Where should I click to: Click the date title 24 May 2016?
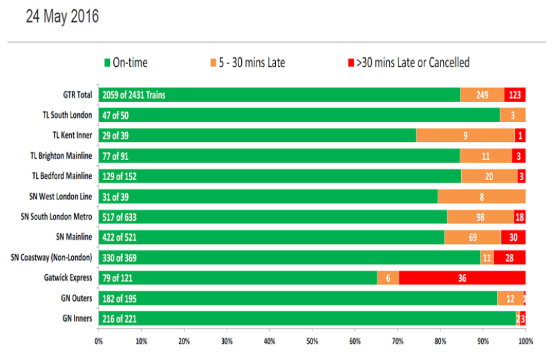tap(62, 16)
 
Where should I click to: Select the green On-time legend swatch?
tap(107, 63)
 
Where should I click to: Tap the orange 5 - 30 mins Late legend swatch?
tap(213, 63)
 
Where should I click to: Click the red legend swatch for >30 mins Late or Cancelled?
tap(350, 63)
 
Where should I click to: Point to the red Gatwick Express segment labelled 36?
tap(462, 278)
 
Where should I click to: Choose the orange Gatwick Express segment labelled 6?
tap(388, 278)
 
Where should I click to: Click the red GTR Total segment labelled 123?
tap(515, 95)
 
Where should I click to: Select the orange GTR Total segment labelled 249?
tap(482, 95)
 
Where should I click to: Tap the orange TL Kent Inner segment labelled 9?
tap(466, 135)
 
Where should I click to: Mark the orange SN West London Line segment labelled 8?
tap(482, 196)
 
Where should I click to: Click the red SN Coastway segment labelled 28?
tap(510, 257)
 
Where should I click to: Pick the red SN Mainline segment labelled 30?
tap(513, 237)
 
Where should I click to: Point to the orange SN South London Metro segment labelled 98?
tap(480, 217)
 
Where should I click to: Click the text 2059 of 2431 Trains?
tap(134, 95)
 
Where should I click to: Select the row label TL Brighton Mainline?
tap(61, 155)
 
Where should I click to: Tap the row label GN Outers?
tap(77, 298)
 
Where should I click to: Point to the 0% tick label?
tap(99, 341)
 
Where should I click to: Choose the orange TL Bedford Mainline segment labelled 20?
tap(489, 176)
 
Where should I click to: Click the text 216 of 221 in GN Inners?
tap(119, 319)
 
